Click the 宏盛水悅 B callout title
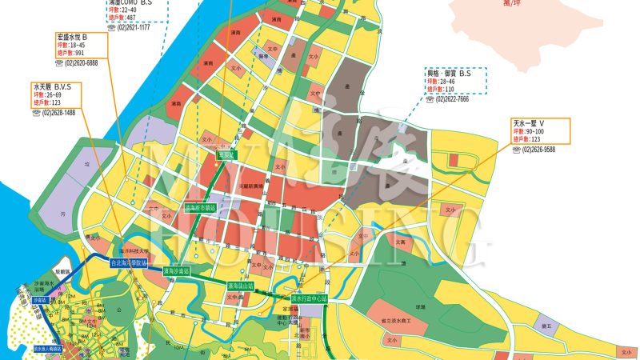tap(72, 38)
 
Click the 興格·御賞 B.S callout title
tap(449, 73)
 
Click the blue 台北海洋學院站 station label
tap(129, 262)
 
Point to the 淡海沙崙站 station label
tap(176, 271)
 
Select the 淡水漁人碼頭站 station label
tap(49, 349)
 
